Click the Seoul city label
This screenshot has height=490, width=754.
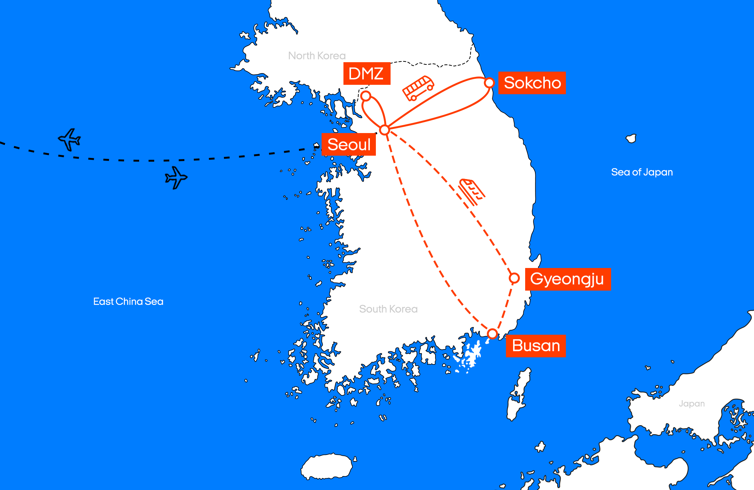[x=349, y=144]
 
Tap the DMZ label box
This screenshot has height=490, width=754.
[x=366, y=73]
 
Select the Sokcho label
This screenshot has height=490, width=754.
[x=532, y=83]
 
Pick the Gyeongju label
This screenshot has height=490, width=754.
[x=567, y=279]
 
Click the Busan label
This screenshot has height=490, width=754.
[x=536, y=346]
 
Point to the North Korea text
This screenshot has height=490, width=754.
[x=317, y=56]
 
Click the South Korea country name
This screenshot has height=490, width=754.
[x=388, y=309]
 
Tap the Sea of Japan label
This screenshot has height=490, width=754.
[x=642, y=172]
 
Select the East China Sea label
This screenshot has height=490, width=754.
[x=128, y=302]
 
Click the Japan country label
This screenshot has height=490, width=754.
[x=691, y=404]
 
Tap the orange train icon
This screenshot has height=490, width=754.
[x=472, y=191]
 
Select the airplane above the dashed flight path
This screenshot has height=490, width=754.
[x=70, y=139]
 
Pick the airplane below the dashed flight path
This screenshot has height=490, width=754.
[x=176, y=177]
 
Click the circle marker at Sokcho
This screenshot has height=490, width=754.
[x=489, y=83]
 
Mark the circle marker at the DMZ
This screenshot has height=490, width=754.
[x=366, y=96]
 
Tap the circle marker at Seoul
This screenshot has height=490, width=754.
[x=384, y=130]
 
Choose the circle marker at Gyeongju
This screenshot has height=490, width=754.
[x=514, y=278]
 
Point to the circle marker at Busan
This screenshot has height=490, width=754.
[x=492, y=334]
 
